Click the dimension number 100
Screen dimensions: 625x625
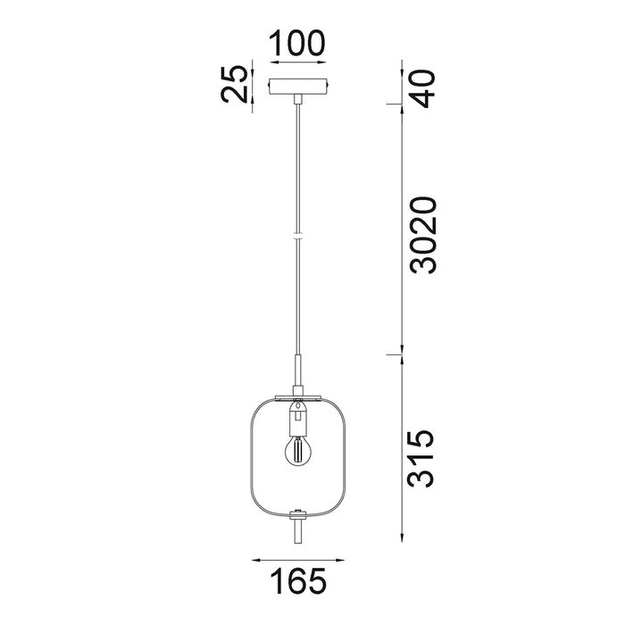(297, 43)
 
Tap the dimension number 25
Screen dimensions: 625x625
(233, 85)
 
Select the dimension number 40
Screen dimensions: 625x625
(423, 88)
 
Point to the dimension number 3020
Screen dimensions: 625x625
(423, 235)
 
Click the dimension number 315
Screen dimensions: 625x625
(421, 458)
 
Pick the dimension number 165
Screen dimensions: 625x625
(298, 580)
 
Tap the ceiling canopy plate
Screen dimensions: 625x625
(297, 87)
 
